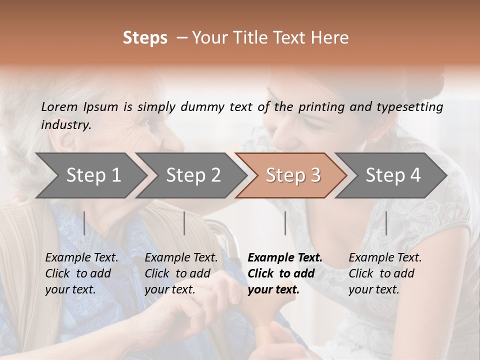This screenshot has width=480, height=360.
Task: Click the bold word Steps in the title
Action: click(145, 38)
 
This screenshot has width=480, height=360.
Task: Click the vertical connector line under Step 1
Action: click(84, 223)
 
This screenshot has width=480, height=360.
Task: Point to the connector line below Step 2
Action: click(184, 223)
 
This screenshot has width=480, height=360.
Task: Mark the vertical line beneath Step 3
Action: click(285, 223)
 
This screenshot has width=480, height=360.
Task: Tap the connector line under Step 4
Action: click(386, 223)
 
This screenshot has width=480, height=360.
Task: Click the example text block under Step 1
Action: click(81, 273)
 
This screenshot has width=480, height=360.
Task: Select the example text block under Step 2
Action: click(181, 273)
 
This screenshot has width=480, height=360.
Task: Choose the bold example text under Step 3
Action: click(284, 273)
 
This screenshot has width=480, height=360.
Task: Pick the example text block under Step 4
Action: click(385, 273)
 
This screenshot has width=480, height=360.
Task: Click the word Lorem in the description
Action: click(59, 107)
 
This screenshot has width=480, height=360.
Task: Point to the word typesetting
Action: click(412, 107)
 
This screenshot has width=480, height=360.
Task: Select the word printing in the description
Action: click(320, 107)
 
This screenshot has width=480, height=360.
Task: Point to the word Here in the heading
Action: click(330, 38)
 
